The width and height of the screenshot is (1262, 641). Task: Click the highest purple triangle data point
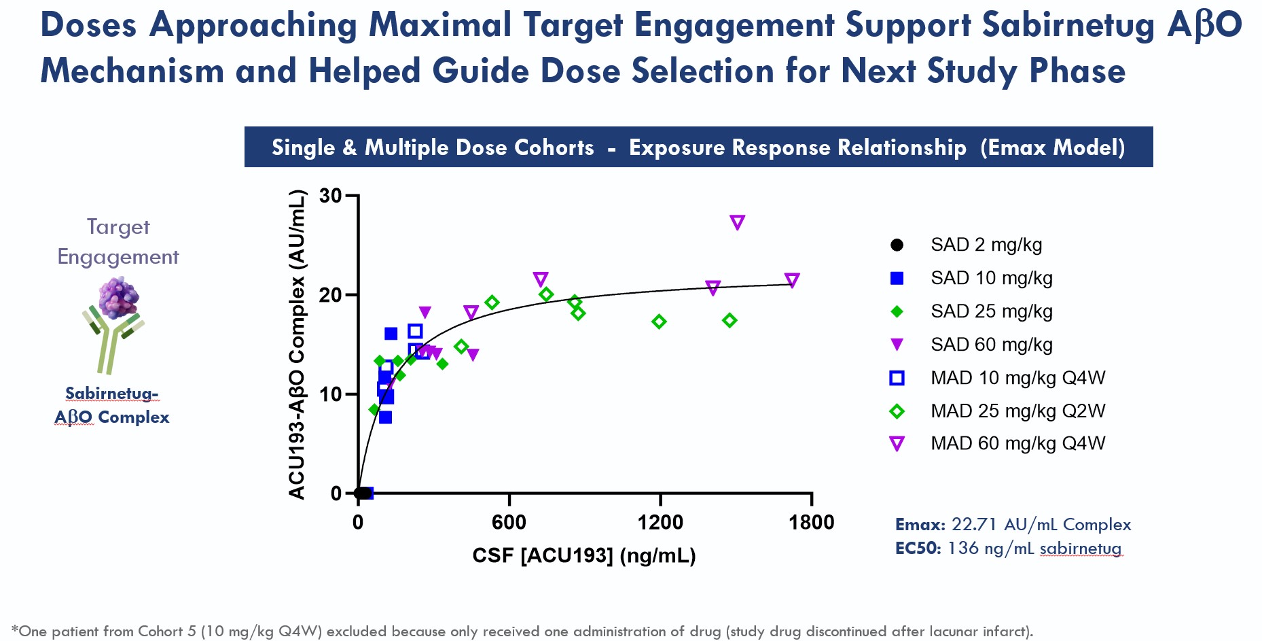pyautogui.click(x=737, y=222)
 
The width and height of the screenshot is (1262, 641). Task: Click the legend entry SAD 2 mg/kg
pyautogui.click(x=986, y=245)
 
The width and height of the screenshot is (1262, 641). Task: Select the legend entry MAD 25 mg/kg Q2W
pyautogui.click(x=1017, y=411)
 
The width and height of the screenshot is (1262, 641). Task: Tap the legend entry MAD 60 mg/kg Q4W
pyautogui.click(x=1017, y=444)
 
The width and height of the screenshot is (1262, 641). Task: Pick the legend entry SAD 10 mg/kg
pyautogui.click(x=991, y=278)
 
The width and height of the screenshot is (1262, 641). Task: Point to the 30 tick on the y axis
pyautogui.click(x=331, y=196)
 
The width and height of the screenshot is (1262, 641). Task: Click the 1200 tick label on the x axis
pyautogui.click(x=660, y=522)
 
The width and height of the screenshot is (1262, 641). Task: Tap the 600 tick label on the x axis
pyautogui.click(x=509, y=522)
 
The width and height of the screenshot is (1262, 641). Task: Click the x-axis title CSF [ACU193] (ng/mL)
pyautogui.click(x=584, y=555)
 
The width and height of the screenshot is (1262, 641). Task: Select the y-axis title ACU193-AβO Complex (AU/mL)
pyautogui.click(x=297, y=345)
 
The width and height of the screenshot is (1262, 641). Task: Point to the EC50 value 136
pyautogui.click(x=962, y=549)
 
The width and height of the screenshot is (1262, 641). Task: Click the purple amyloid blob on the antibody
pyautogui.click(x=118, y=298)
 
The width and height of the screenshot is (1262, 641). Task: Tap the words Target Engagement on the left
pyautogui.click(x=118, y=241)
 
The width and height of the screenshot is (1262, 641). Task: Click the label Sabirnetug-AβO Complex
pyautogui.click(x=112, y=405)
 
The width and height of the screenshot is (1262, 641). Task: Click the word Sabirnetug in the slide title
pyautogui.click(x=1068, y=25)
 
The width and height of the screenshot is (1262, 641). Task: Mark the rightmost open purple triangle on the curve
pyautogui.click(x=791, y=280)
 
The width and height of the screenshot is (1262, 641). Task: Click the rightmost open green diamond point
pyautogui.click(x=729, y=320)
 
